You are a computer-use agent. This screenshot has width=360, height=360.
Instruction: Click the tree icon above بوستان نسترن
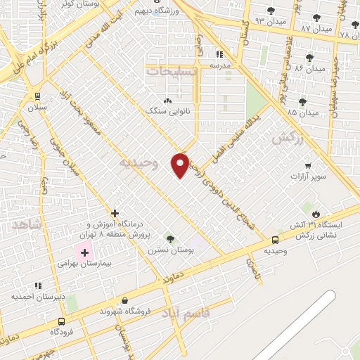(x=169, y=238)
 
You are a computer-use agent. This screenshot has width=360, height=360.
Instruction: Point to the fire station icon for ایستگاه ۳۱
(x=316, y=214)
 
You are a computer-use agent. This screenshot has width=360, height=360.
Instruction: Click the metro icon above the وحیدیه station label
(x=275, y=240)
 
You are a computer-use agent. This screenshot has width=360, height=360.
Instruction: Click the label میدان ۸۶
(x=309, y=69)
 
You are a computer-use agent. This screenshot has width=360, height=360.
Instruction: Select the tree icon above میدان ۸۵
(x=302, y=102)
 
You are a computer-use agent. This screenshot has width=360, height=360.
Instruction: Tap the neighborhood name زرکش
(x=287, y=139)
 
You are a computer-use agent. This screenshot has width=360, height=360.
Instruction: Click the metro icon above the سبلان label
(x=37, y=96)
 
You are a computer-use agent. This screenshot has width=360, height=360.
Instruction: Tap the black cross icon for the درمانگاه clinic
(x=115, y=213)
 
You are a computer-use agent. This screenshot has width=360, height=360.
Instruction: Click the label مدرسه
(x=220, y=65)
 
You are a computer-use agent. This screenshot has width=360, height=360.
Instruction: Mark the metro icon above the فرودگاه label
(x=63, y=321)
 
